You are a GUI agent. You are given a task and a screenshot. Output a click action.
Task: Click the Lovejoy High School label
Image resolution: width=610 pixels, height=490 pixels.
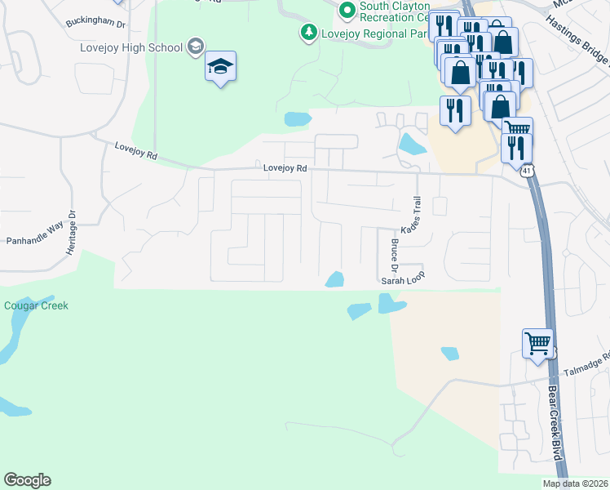pyautogui.click(x=131, y=47)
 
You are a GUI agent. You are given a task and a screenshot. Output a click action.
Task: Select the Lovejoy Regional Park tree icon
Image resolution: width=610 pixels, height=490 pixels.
pyautogui.click(x=308, y=33)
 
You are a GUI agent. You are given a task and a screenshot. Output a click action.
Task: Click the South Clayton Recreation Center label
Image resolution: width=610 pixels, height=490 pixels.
pyautogui.click(x=395, y=11)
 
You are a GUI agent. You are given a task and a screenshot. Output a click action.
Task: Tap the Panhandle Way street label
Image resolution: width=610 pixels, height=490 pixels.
pyautogui.click(x=34, y=242)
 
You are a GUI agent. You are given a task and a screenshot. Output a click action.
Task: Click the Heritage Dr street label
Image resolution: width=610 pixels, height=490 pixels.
pyautogui.click(x=72, y=234)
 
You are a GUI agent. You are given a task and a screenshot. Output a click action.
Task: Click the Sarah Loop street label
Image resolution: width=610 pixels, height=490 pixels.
pyautogui.click(x=404, y=280)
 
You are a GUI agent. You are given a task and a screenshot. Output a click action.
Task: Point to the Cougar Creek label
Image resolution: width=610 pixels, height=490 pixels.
pyautogui.click(x=36, y=306)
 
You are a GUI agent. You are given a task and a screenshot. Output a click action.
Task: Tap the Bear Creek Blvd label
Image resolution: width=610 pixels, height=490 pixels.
pyautogui.click(x=556, y=421)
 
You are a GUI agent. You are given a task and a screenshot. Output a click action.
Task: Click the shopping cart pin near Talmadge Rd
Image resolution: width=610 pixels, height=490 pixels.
pyautogui.click(x=537, y=343)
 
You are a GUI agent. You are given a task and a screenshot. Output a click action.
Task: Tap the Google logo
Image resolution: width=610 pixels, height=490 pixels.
pyautogui.click(x=27, y=480)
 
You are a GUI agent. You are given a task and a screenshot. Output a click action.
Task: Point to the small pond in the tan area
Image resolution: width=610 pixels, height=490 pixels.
pyautogui.click(x=449, y=353)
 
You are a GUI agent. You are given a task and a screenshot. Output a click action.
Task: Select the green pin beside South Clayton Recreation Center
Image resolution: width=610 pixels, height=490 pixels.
pyautogui.click(x=347, y=10)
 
